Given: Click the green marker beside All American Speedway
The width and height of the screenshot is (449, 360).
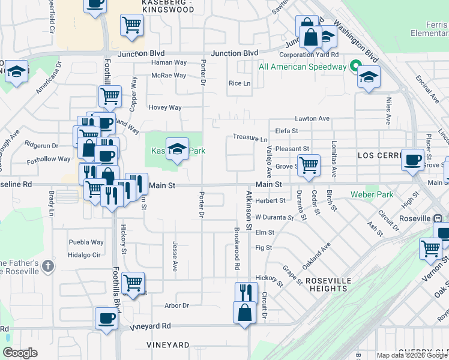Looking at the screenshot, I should click(355, 67).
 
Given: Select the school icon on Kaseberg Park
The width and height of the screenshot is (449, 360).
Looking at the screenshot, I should click(176, 149).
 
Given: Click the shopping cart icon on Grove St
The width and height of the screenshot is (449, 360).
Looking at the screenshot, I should click(309, 164).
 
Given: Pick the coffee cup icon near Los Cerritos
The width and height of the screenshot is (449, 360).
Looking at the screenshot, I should click(412, 160).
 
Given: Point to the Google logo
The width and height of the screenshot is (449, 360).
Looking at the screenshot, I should click(20, 353).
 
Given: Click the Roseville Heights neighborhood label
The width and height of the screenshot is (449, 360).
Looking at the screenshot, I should click(327, 284).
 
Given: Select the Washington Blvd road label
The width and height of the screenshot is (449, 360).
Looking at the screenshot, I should click(356, 43).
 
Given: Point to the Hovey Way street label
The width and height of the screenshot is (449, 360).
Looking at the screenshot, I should click(164, 107).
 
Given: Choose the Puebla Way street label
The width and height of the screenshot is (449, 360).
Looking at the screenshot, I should click(86, 242).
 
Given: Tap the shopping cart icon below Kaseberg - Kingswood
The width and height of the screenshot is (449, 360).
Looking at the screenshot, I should click(131, 25).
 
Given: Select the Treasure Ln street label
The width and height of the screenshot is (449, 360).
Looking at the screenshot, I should click(250, 138).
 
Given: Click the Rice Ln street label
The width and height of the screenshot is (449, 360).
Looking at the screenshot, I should click(240, 83).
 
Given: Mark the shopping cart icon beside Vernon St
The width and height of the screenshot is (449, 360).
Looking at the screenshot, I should click(430, 248).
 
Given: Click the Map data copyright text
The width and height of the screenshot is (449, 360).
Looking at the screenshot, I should click(412, 355).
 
